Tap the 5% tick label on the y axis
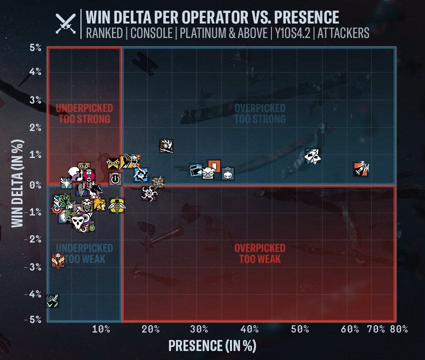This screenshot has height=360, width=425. [x=35, y=48]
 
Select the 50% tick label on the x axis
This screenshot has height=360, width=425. [x=299, y=329]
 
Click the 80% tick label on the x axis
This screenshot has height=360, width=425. [x=398, y=329]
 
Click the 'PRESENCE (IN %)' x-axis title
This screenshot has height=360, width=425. [x=212, y=345]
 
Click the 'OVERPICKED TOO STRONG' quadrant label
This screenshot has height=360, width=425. [x=260, y=113]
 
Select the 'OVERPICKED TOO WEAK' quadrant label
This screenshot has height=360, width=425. [x=260, y=253]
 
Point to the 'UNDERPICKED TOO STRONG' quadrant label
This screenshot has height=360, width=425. [x=84, y=113]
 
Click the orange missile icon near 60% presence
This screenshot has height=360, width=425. [x=360, y=169]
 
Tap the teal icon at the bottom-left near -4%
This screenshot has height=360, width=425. [x=52, y=301]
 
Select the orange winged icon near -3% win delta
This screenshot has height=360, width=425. [x=58, y=260]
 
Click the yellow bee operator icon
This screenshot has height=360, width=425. [x=116, y=204]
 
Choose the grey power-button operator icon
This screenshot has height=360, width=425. [x=115, y=178]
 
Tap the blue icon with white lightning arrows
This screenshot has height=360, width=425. [x=141, y=174]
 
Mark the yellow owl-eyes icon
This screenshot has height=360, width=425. [x=114, y=163]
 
